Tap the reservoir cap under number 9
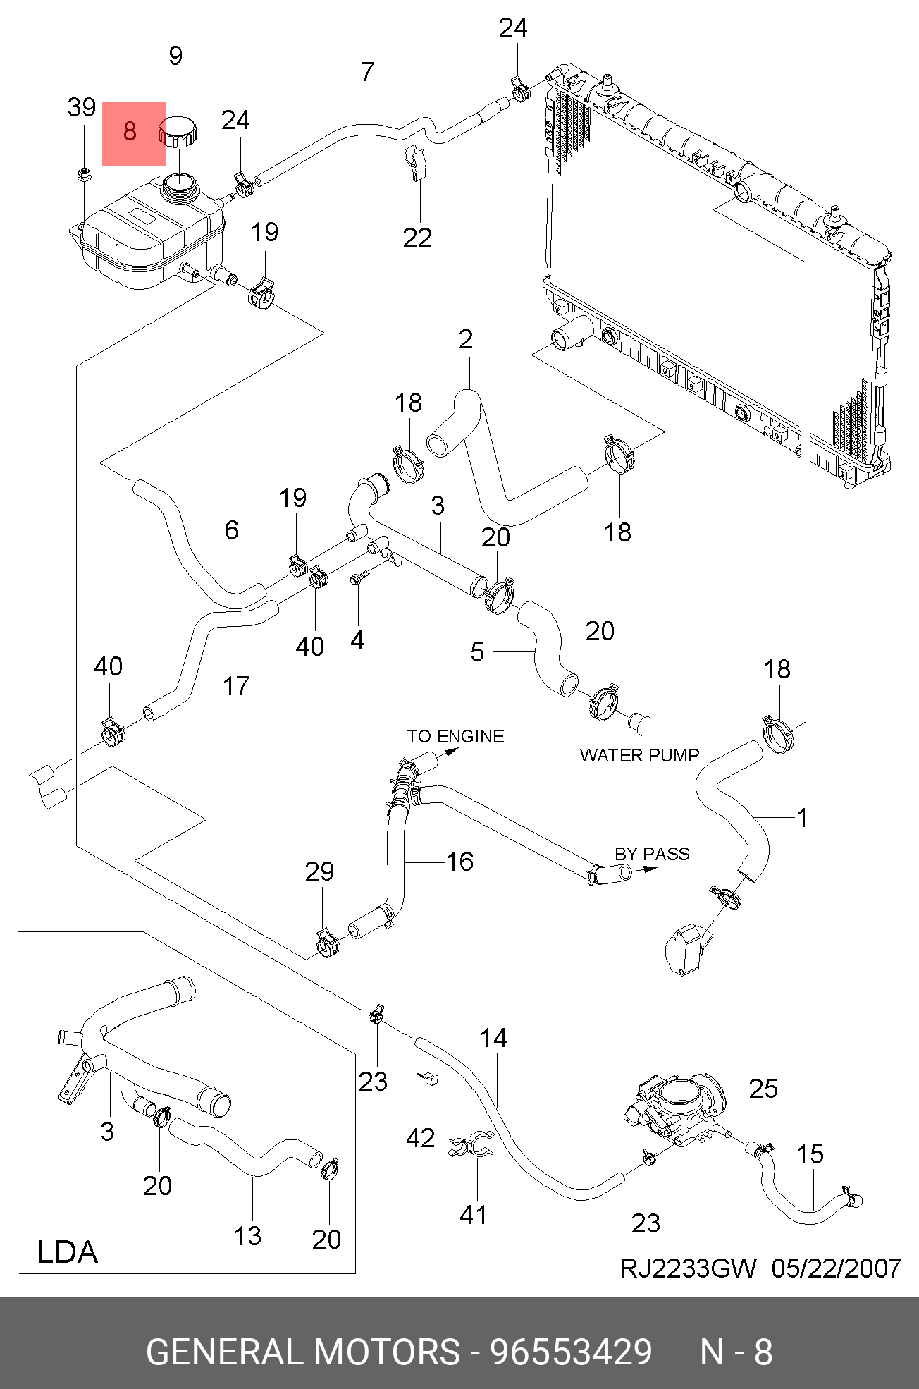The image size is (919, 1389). click(178, 132)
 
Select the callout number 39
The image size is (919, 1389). click(82, 107)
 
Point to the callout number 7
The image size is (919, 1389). click(367, 72)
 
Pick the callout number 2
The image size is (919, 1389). click(466, 339)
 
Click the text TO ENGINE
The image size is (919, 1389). click(455, 736)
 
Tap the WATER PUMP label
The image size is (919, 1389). click(639, 755)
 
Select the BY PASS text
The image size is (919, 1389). click(652, 854)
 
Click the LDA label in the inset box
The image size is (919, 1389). click(67, 1252)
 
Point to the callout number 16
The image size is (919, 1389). click(459, 861)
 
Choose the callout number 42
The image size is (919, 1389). click(421, 1138)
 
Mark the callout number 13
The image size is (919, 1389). click(248, 1235)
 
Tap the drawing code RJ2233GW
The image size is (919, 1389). click(688, 1268)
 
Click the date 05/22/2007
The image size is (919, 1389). click(836, 1268)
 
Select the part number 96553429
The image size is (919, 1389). click(571, 1352)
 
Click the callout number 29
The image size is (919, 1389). click(319, 872)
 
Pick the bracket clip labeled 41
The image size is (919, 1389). click(471, 1146)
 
